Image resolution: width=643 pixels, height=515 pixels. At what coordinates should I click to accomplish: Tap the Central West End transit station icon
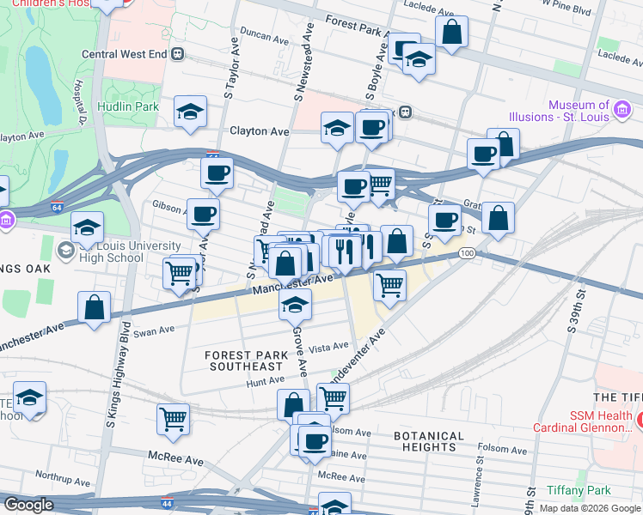click(x=178, y=53)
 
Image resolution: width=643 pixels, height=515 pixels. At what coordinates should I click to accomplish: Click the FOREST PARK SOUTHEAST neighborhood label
click(x=244, y=360)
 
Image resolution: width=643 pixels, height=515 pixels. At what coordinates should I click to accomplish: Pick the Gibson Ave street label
click(x=169, y=207)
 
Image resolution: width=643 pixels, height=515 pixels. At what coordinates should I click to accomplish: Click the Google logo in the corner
click(x=28, y=505)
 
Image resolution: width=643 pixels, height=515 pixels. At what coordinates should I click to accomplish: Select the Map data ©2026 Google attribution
click(x=589, y=508)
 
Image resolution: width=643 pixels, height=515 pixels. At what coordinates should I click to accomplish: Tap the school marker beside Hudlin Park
click(x=190, y=113)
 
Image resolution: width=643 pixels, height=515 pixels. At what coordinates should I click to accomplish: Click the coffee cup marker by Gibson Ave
click(x=203, y=215)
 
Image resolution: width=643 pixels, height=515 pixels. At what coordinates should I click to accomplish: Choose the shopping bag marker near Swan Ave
click(x=94, y=307)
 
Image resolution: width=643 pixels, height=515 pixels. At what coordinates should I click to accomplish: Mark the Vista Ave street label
click(x=328, y=346)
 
